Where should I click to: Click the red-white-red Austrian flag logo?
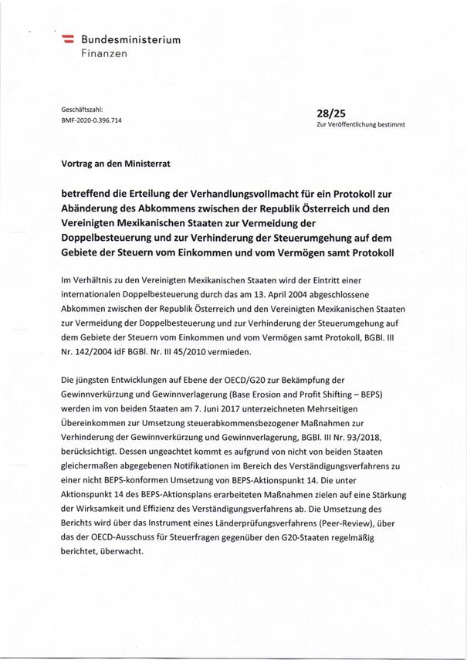(68, 39)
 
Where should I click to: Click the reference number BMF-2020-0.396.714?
(91, 120)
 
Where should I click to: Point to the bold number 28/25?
(330, 112)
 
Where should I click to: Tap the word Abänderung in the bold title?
(94, 208)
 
